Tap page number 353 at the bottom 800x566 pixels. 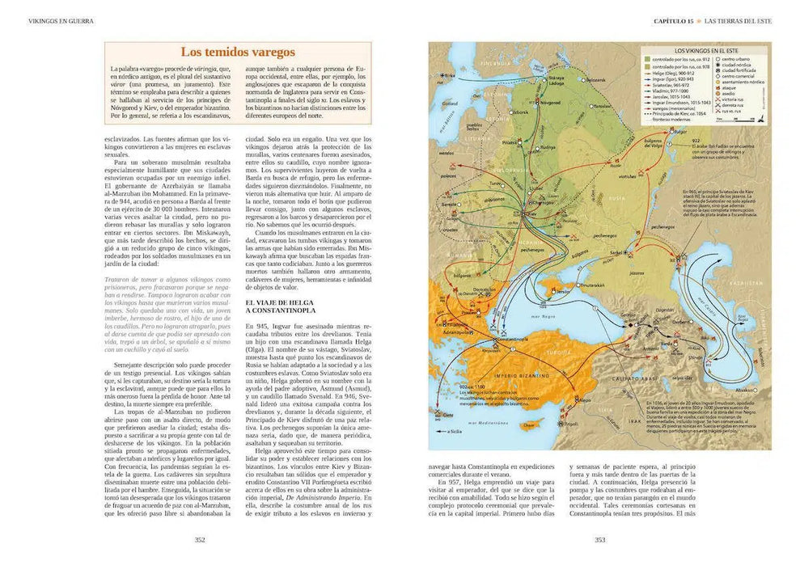[599, 541]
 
